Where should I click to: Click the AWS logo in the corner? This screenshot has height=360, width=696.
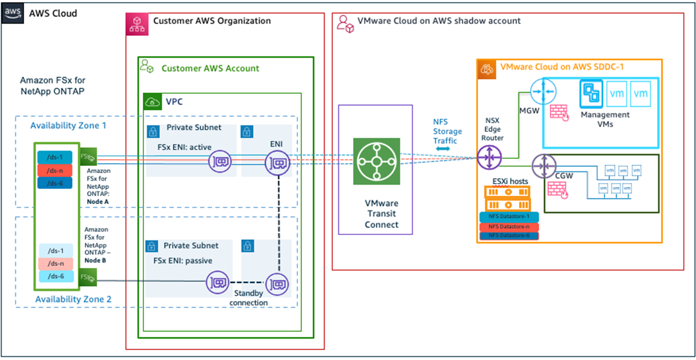click(12, 13)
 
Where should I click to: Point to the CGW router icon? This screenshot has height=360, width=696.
click(545, 166)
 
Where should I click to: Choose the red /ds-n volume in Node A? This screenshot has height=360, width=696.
click(55, 170)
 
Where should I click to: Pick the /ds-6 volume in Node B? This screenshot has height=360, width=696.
click(55, 276)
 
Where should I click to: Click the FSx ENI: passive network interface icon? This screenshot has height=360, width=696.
click(217, 283)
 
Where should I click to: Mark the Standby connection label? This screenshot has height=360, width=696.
click(249, 298)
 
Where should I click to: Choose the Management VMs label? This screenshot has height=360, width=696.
click(605, 119)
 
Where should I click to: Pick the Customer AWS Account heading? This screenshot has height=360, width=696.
click(210, 68)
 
